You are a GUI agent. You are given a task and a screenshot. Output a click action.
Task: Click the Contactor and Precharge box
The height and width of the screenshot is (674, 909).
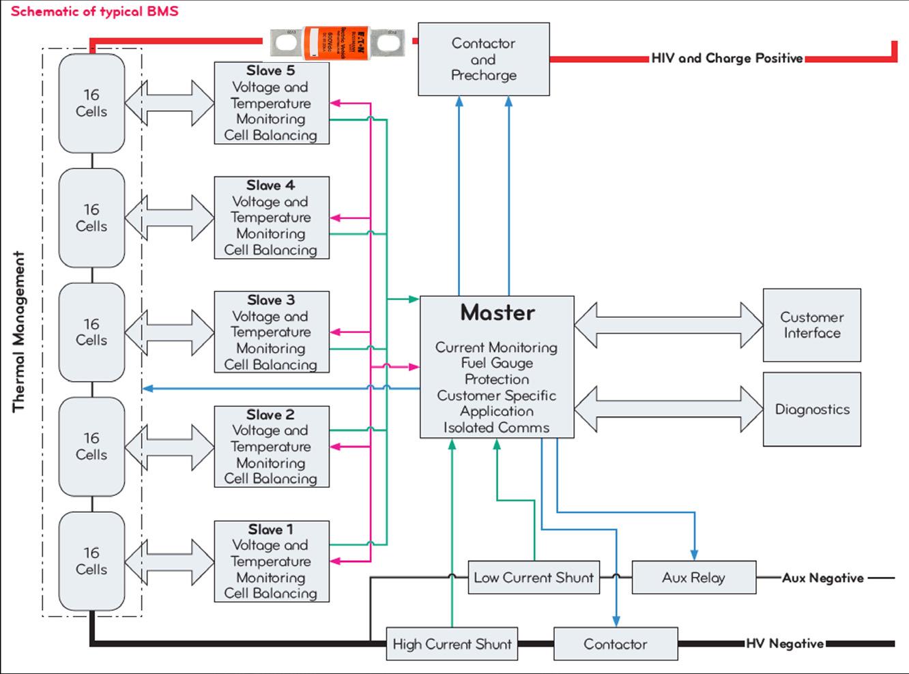click(x=483, y=59)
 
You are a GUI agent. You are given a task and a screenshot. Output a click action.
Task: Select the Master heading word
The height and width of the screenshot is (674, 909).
click(x=497, y=312)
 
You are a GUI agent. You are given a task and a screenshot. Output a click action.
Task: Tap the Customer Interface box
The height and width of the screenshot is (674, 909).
click(x=811, y=325)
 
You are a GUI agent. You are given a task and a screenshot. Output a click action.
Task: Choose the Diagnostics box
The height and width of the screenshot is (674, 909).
click(x=811, y=409)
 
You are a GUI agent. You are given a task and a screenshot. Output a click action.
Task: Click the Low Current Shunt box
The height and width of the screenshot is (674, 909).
click(x=534, y=578)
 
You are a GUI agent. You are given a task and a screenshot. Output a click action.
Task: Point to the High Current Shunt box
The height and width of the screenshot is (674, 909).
click(x=452, y=644)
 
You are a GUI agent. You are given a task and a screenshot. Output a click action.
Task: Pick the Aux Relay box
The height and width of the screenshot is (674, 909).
click(x=693, y=578)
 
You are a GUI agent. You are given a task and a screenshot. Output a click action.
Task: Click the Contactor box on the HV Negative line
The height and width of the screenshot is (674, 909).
click(x=615, y=644)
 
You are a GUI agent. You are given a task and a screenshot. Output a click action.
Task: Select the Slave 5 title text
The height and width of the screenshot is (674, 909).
click(x=271, y=71)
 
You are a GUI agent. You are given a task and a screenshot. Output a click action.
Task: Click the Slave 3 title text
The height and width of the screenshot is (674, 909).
click(x=271, y=300)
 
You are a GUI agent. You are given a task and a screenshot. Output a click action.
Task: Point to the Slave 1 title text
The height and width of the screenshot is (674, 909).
click(x=271, y=529)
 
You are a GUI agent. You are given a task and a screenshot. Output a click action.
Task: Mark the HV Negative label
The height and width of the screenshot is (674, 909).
click(x=785, y=643)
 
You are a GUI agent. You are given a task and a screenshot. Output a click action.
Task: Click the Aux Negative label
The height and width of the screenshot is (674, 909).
click(x=823, y=578)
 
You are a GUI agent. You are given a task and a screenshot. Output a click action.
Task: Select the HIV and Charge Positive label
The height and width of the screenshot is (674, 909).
click(x=727, y=59)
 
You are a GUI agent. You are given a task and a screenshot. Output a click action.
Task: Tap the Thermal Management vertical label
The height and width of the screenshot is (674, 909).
click(x=18, y=332)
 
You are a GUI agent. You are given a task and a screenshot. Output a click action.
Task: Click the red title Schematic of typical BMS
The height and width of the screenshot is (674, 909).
click(x=94, y=12)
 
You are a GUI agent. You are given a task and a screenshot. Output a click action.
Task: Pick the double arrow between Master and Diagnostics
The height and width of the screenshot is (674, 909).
click(x=669, y=409)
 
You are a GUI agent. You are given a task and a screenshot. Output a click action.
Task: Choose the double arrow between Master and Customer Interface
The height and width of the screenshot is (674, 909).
click(x=669, y=325)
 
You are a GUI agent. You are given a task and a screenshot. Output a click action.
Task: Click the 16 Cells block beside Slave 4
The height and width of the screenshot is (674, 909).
click(x=91, y=218)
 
